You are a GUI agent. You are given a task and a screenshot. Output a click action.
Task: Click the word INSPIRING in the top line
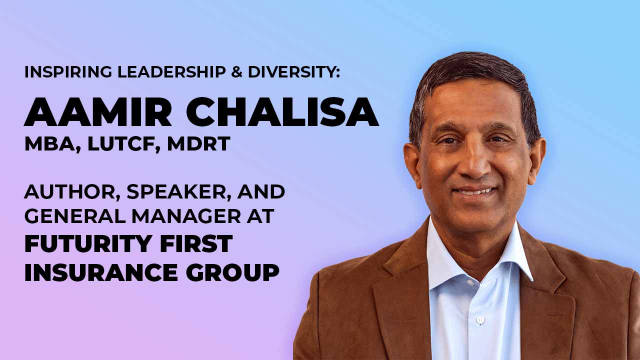(x=68, y=72)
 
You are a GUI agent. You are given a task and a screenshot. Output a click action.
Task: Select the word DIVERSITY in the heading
(x=294, y=72)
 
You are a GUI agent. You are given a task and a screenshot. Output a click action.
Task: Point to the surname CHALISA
(x=282, y=111)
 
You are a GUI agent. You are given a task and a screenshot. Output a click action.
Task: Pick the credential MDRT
(x=198, y=143)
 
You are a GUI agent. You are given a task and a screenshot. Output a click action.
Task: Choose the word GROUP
(x=232, y=272)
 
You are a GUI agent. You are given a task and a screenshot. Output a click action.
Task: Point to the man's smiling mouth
(x=475, y=191)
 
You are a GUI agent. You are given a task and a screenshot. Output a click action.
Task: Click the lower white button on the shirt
(x=480, y=319)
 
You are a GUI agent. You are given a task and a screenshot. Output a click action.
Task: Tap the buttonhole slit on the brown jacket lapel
(x=557, y=314)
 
